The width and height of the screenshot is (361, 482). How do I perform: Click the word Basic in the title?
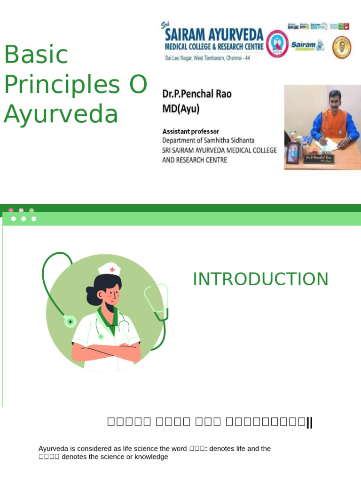click(36, 55)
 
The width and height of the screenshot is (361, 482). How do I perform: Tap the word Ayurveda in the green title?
click(61, 114)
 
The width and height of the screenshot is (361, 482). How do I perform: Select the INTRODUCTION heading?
click(260, 279)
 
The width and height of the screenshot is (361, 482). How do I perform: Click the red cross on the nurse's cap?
click(112, 270)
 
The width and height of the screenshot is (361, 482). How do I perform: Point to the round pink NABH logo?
click(277, 44)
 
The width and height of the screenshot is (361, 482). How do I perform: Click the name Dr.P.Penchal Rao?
click(196, 94)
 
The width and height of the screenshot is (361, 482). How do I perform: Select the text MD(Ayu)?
click(181, 109)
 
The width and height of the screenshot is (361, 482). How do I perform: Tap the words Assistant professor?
click(190, 131)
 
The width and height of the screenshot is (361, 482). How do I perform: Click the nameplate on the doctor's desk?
click(318, 158)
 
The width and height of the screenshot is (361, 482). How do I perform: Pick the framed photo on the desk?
click(293, 153)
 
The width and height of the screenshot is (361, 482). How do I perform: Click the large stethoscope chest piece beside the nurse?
click(70, 321)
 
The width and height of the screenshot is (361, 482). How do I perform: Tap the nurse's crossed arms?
click(106, 351)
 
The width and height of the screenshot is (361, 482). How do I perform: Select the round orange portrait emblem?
click(342, 47)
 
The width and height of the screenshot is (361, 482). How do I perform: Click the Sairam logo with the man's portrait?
click(307, 45)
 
